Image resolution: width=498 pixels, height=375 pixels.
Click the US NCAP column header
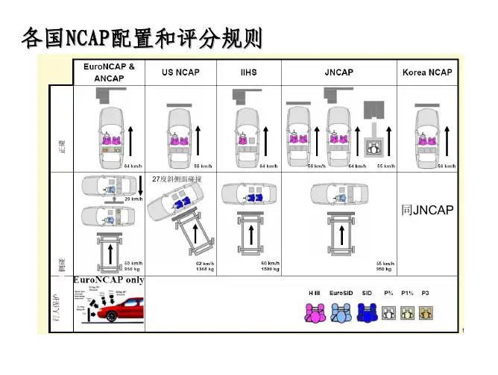click(x=180, y=72)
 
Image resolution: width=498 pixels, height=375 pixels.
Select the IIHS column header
click(x=248, y=72)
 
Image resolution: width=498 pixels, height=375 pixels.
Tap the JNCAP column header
click(x=339, y=72)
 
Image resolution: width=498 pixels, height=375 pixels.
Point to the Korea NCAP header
click(x=427, y=72)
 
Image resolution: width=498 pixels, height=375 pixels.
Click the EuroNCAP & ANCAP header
click(x=109, y=72)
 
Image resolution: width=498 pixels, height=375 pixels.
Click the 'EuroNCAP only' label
click(x=108, y=279)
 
